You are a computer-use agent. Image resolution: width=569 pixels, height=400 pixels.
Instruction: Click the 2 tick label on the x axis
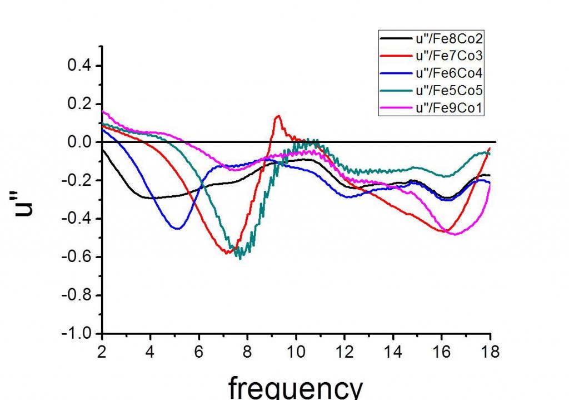pos(102,352)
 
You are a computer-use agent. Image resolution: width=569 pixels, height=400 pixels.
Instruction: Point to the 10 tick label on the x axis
pos(296,352)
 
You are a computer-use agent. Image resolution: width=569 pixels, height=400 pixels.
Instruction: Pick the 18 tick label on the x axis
pos(490,352)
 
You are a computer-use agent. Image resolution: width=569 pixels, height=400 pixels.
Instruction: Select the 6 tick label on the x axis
pos(199,352)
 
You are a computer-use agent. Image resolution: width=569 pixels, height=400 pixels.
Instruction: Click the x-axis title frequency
pos(295,387)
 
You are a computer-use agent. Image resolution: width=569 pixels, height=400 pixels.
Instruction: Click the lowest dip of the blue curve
pos(177,228)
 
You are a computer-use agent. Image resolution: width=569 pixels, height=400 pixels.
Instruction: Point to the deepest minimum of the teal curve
pos(240,258)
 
